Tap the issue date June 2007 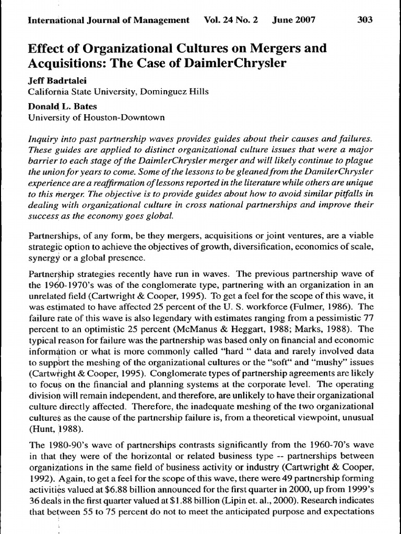point(294,20)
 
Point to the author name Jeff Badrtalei point(54,82)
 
